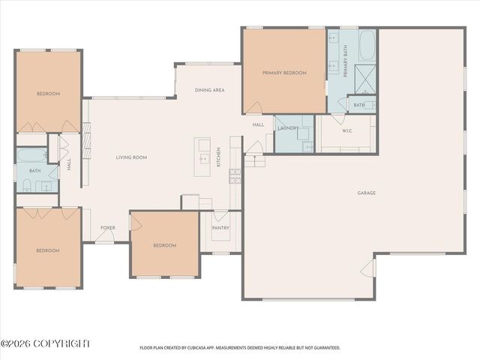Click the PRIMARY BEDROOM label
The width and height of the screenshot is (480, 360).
[284, 73]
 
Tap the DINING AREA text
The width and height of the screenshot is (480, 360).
[209, 90]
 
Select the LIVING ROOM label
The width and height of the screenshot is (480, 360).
[130, 157]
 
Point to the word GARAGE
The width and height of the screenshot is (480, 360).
[366, 193]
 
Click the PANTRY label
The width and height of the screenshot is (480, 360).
[220, 227]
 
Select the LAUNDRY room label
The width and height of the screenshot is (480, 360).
[288, 128]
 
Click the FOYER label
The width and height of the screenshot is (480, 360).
[108, 227]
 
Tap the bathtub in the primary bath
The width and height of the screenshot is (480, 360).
[367, 46]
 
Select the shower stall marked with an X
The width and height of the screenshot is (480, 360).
[365, 76]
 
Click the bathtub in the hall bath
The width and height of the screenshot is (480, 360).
[31, 156]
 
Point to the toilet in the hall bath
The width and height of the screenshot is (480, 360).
[27, 185]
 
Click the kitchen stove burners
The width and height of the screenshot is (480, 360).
[235, 176]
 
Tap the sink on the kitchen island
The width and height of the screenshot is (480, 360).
[203, 158]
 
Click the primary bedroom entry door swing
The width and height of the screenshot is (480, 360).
[255, 108]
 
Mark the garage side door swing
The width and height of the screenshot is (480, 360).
[367, 268]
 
